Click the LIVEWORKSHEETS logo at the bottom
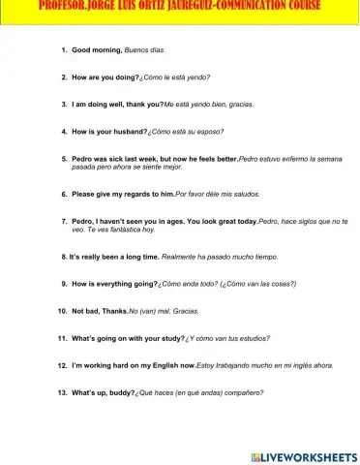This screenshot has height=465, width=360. pyautogui.click(x=302, y=455)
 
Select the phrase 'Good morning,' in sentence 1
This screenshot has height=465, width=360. pyautogui.click(x=98, y=47)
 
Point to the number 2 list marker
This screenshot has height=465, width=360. pyautogui.click(x=64, y=76)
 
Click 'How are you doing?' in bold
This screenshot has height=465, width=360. pyautogui.click(x=105, y=76)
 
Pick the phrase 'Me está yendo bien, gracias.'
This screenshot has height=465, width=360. pyautogui.click(x=195, y=103)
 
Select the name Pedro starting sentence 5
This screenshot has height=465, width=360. pyautogui.click(x=83, y=157)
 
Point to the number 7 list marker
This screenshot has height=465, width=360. pyautogui.click(x=64, y=222)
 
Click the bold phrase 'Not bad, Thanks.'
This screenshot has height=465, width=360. pyautogui.click(x=100, y=311)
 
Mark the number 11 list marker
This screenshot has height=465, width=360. pyautogui.click(x=62, y=338)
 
